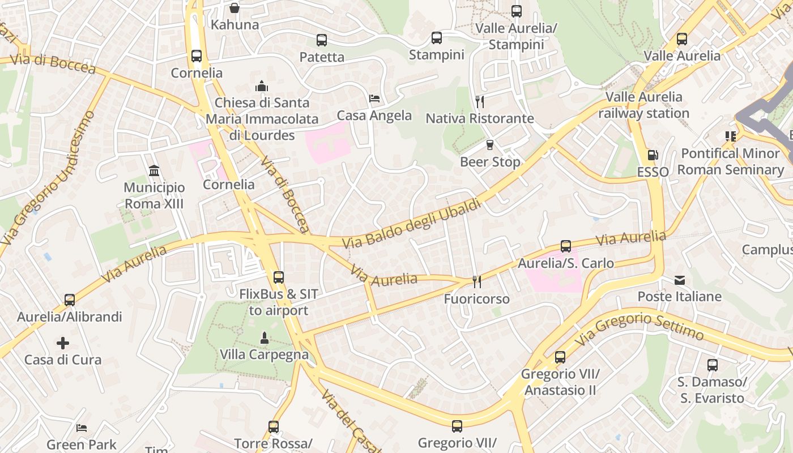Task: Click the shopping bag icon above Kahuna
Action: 234,8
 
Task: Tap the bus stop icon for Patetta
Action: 322,40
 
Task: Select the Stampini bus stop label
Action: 436,55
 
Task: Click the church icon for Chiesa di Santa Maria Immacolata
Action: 262,86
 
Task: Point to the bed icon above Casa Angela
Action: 374,99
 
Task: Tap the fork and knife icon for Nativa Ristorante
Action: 480,101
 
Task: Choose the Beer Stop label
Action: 489,162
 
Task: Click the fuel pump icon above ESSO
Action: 653,155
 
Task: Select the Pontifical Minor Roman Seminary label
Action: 730,161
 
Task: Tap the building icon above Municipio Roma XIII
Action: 154,170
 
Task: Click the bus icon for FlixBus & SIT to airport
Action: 278,277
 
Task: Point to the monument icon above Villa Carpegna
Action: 264,338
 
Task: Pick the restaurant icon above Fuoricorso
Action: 476,282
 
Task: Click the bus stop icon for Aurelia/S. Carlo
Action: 565,246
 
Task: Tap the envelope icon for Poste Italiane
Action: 679,280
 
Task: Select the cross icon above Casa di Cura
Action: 63,343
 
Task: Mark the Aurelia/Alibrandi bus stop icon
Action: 70,300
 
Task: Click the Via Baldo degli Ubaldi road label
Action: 412,223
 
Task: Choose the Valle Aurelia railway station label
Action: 644,105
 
